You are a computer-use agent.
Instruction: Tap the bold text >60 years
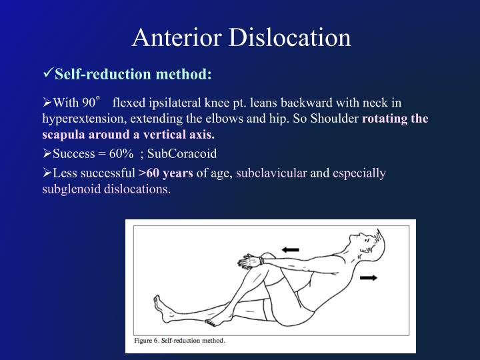165,173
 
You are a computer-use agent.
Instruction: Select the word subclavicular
271,173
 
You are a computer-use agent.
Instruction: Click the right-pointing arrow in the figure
367,276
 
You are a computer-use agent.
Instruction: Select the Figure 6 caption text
180,340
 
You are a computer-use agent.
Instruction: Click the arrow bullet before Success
47,153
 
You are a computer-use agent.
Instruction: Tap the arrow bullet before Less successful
47,173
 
